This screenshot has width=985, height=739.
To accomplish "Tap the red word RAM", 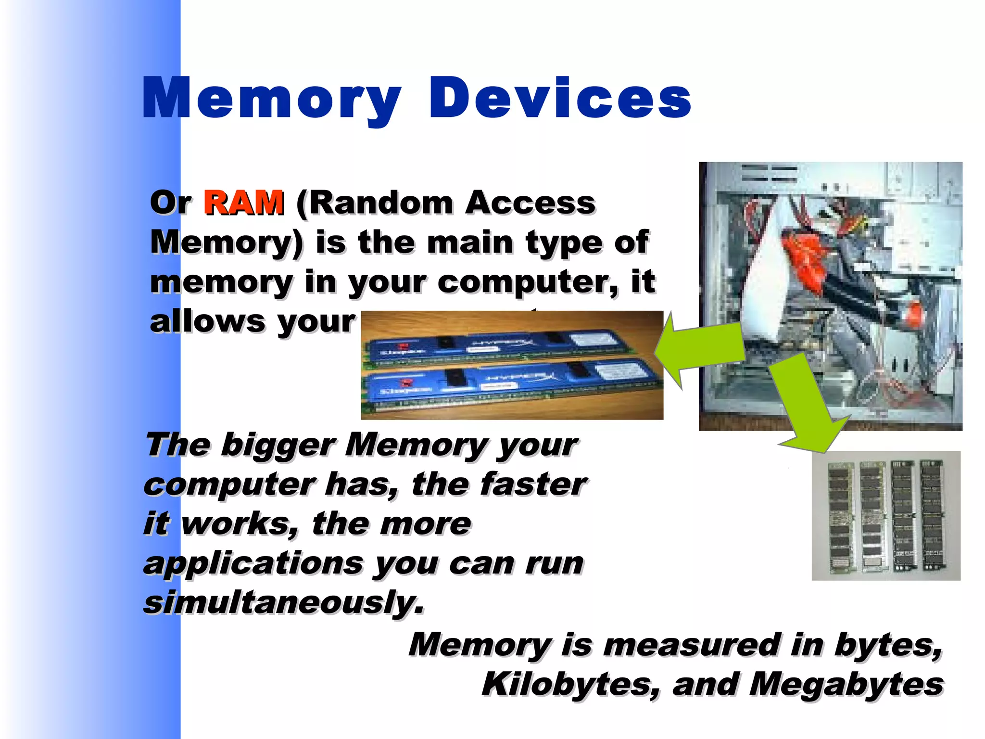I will click(x=243, y=203).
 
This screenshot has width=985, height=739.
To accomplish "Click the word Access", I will click(x=530, y=203).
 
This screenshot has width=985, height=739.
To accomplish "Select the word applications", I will click(x=253, y=563).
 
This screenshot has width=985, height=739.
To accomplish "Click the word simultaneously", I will click(x=284, y=602).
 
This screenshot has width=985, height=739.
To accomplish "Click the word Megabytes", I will click(x=846, y=684).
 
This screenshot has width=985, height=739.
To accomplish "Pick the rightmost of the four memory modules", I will click(x=932, y=514).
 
